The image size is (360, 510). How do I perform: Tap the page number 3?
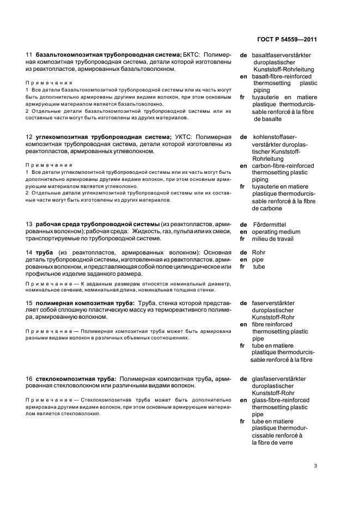[x=316, y=466]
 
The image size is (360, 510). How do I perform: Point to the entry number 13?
[x=29, y=224]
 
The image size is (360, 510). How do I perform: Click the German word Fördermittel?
[x=269, y=224]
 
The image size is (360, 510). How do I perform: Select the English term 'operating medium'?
[x=276, y=232]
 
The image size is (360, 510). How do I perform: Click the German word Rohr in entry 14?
[x=259, y=252]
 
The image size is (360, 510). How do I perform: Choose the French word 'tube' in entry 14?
[x=259, y=266]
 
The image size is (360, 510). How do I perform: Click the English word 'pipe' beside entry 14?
[x=258, y=259]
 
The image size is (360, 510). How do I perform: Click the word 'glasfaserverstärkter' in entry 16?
[x=279, y=379]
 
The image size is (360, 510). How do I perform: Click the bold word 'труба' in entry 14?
[x=45, y=252]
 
